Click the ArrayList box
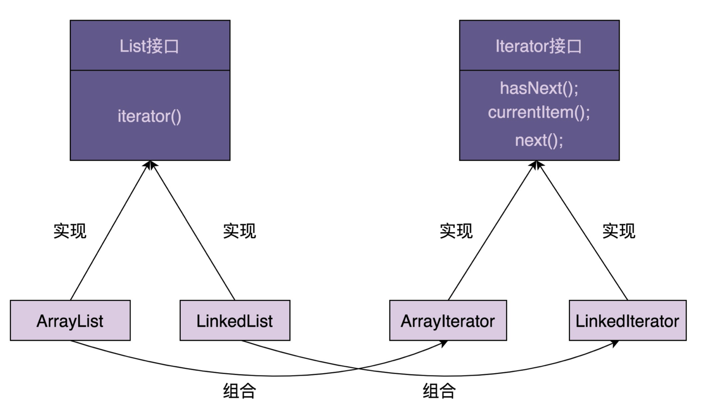coord(70,321)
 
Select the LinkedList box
coord(235,321)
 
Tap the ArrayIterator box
coord(448,321)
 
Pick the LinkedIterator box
coord(627,321)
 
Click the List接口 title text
coord(149,46)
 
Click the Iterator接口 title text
coord(539,46)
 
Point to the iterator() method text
coord(150,116)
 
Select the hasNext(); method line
coord(539,88)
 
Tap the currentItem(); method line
coord(539,112)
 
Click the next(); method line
coord(539,140)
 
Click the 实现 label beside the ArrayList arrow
coord(70,231)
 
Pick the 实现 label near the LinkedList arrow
coord(240,231)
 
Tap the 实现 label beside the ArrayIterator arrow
coord(456,231)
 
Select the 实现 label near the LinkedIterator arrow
coord(619,231)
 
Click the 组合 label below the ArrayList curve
coord(240,391)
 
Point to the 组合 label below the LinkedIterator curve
coord(439,391)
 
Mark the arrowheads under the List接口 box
coord(150,165)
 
